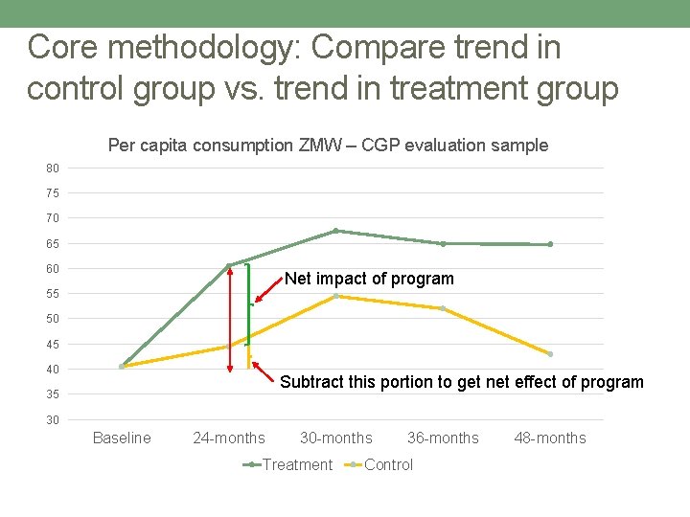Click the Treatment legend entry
click(x=288, y=465)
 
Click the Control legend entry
click(x=381, y=465)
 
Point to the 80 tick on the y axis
click(x=53, y=169)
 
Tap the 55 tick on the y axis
click(x=53, y=294)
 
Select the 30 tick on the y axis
click(x=53, y=420)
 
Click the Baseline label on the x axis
click(x=122, y=438)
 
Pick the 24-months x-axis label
click(x=229, y=438)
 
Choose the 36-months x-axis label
click(x=443, y=438)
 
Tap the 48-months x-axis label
click(x=550, y=438)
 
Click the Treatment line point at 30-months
click(x=336, y=231)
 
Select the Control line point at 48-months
click(x=550, y=354)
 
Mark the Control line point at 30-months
click(x=336, y=296)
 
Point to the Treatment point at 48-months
click(x=550, y=244)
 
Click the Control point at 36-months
click(x=443, y=308)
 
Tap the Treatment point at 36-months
click(x=443, y=243)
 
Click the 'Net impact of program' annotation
click(x=369, y=279)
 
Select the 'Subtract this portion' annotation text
click(x=461, y=382)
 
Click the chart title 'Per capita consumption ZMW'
click(x=328, y=146)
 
